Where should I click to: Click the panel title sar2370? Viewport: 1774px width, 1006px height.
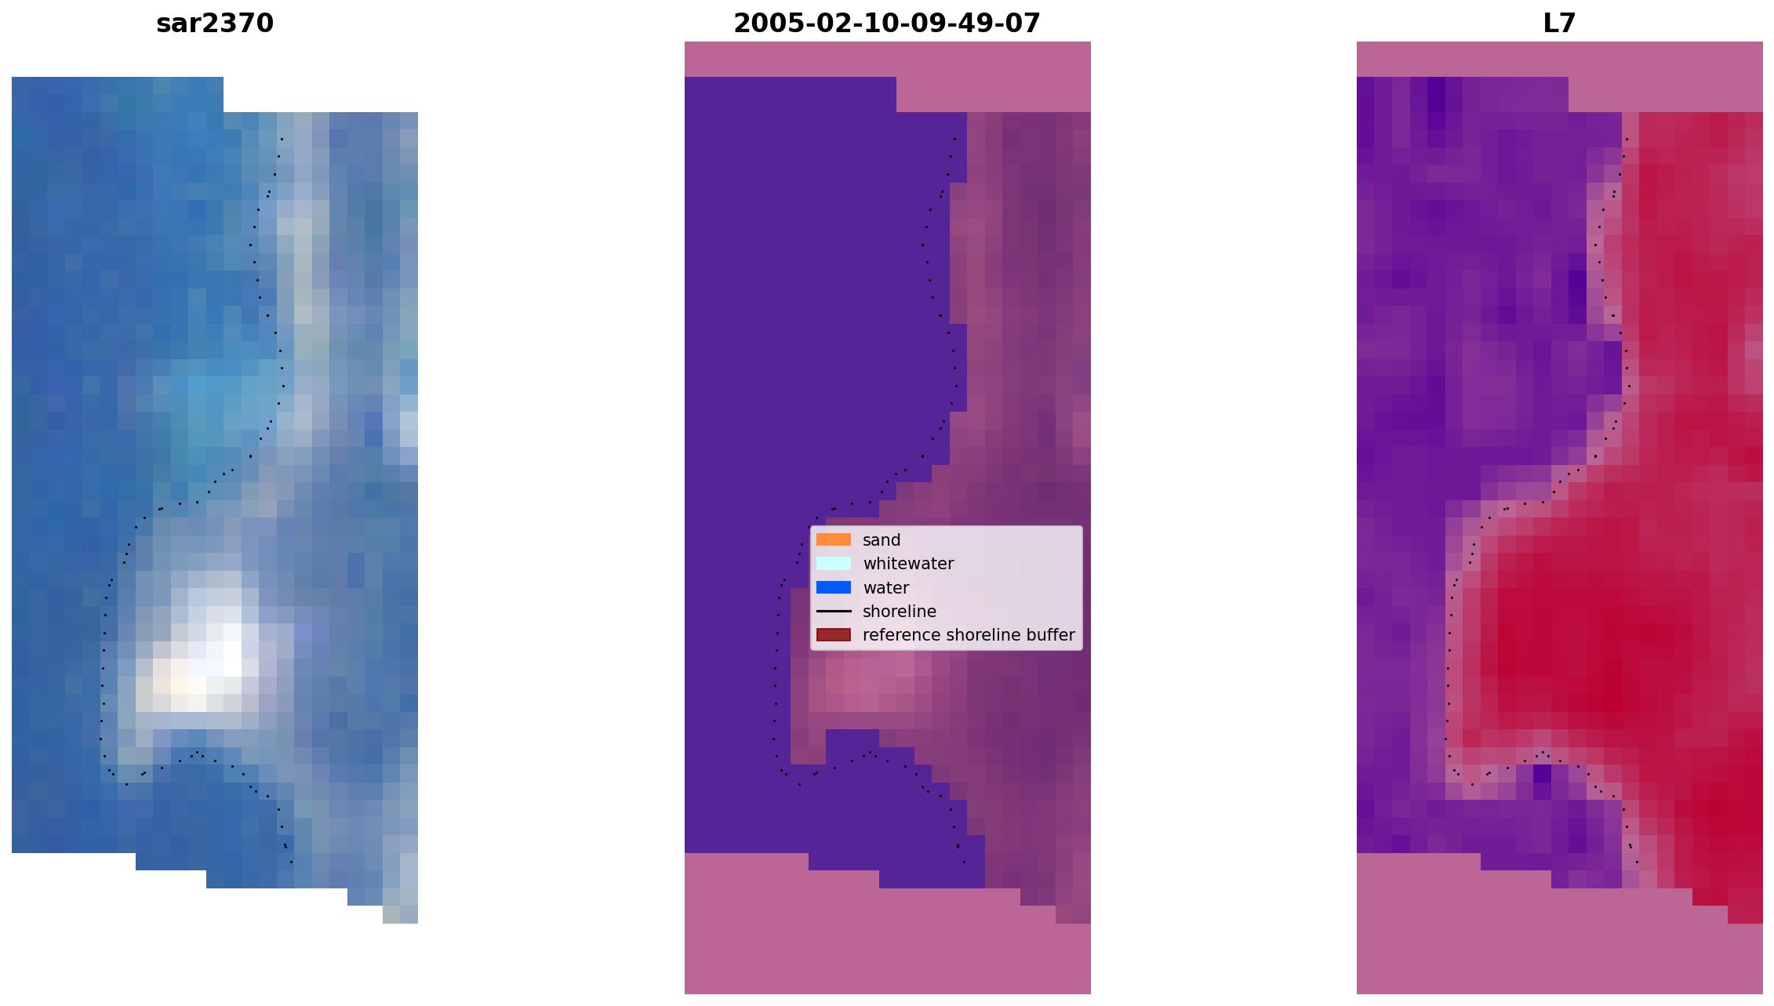point(215,24)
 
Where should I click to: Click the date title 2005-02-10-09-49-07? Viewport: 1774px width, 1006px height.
point(887,24)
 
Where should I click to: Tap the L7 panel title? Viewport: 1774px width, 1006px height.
point(1559,24)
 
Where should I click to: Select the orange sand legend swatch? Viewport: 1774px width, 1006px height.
point(834,539)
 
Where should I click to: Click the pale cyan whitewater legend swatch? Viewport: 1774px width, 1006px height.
point(834,563)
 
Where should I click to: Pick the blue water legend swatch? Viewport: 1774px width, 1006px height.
point(834,587)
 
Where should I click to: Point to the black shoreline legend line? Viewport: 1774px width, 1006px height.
point(834,611)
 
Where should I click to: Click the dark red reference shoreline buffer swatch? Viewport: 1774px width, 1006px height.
point(834,634)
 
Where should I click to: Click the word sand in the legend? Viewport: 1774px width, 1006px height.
point(882,540)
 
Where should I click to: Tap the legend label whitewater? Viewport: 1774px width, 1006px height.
point(908,564)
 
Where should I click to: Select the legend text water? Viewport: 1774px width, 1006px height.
point(885,588)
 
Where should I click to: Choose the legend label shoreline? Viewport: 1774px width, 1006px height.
point(899,612)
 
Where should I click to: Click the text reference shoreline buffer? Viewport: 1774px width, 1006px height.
point(969,635)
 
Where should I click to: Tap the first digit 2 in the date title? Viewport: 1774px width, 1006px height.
point(742,24)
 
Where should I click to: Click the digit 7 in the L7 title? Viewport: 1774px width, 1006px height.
point(1568,24)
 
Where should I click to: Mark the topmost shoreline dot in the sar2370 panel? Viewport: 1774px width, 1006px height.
point(282,140)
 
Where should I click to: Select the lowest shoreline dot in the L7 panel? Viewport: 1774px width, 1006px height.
point(1637,863)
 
